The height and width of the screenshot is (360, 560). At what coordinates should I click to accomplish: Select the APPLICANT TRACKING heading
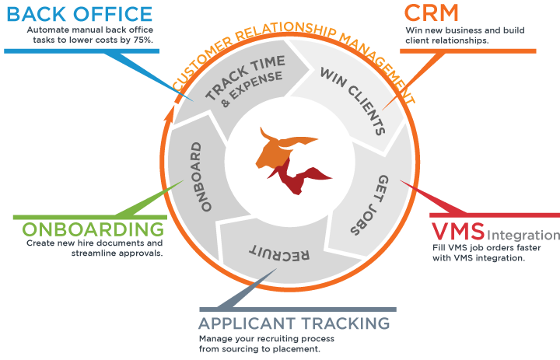tap(293, 323)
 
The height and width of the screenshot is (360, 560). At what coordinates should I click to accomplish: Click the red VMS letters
tap(458, 232)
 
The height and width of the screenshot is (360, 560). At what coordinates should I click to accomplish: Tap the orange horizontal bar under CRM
tap(467, 51)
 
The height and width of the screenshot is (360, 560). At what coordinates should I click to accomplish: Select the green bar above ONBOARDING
tap(85, 215)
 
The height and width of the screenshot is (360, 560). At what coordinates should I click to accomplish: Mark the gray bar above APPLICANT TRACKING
tap(296, 310)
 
